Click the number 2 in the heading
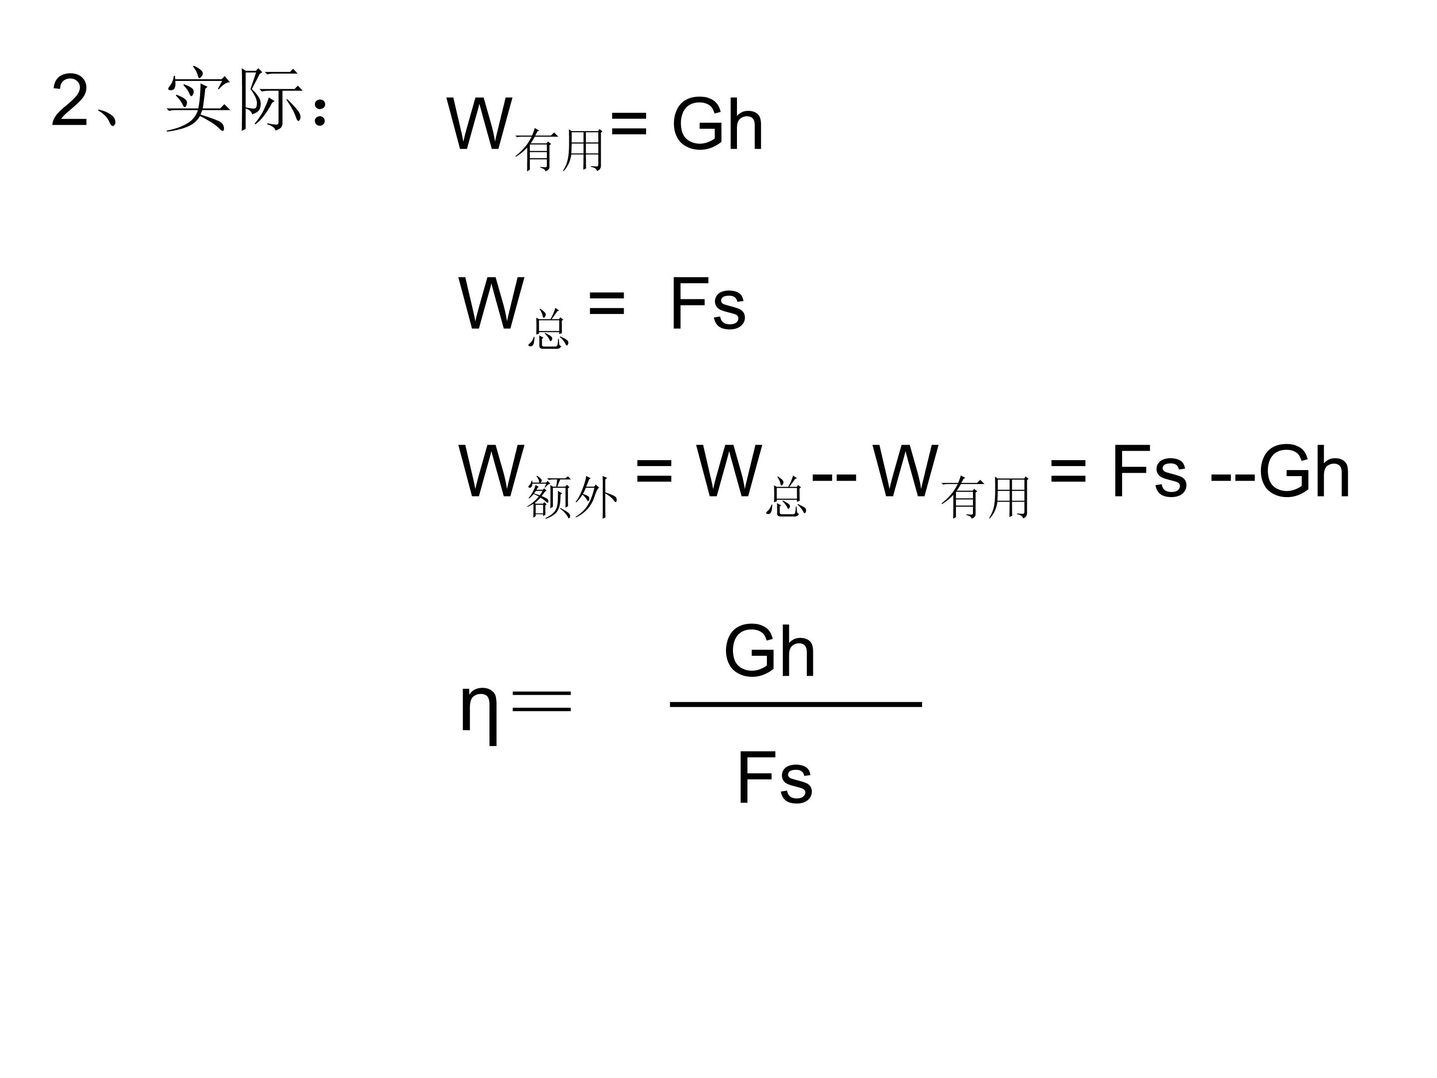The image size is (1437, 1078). pos(69,101)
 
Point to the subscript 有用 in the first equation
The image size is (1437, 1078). pos(559,150)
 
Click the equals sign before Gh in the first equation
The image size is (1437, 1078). pos(629,123)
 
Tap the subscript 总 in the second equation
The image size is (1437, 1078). pos(548,329)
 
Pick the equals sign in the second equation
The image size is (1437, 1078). pos(606,303)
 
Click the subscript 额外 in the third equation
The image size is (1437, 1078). pos(572,497)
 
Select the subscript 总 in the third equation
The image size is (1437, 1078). pos(786,497)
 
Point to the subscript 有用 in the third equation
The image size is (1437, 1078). pos(985,497)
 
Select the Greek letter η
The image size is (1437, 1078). pos(479,712)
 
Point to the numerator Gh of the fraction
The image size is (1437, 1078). pos(770,651)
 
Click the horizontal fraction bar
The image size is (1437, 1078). pos(796,704)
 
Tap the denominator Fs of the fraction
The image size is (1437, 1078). pos(774,777)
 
